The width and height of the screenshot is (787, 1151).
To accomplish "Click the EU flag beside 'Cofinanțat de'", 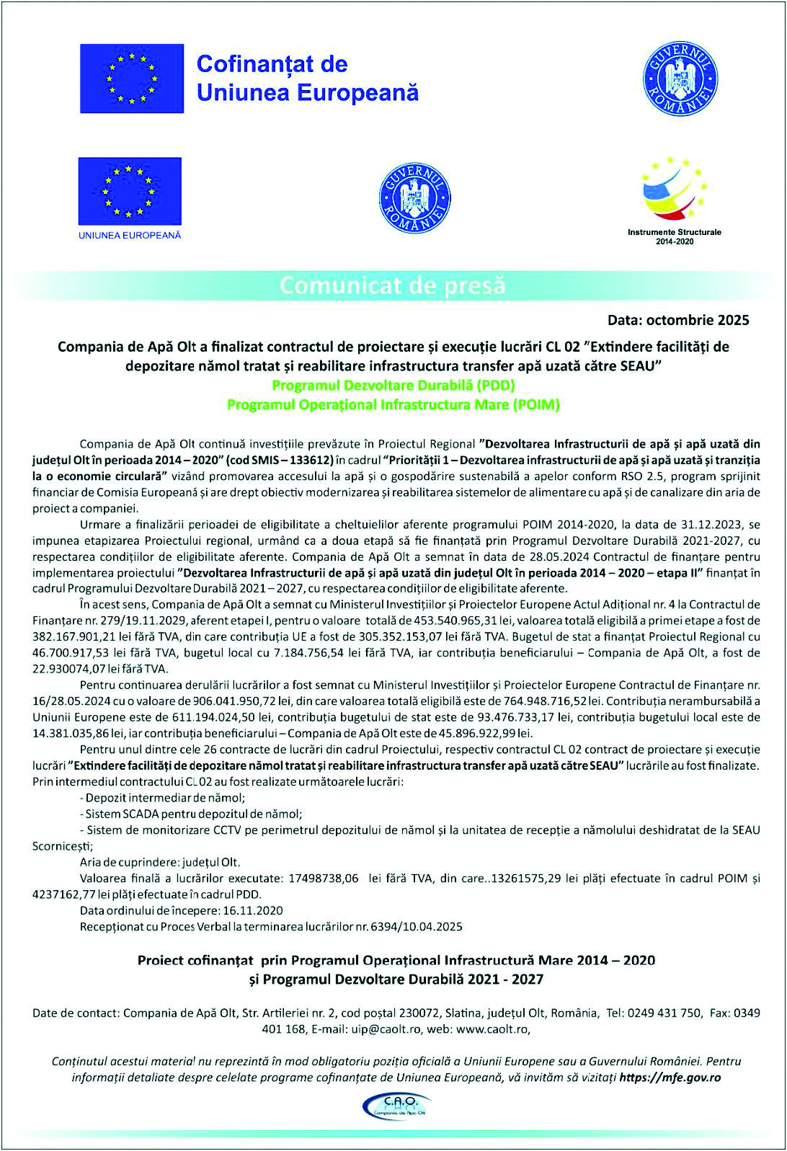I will pyautogui.click(x=132, y=79).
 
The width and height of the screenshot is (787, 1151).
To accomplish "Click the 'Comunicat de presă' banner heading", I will pyautogui.click(x=393, y=285).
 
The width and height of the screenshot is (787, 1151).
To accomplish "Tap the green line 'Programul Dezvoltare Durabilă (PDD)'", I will pyautogui.click(x=393, y=385).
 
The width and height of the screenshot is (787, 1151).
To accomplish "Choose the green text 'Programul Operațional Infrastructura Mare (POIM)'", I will pyautogui.click(x=393, y=404).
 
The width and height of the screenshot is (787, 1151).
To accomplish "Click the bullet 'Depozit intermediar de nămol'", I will pyautogui.click(x=165, y=798).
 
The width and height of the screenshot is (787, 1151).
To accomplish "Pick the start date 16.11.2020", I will pyautogui.click(x=253, y=910).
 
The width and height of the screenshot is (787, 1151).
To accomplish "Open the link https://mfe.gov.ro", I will pyautogui.click(x=670, y=1077).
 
